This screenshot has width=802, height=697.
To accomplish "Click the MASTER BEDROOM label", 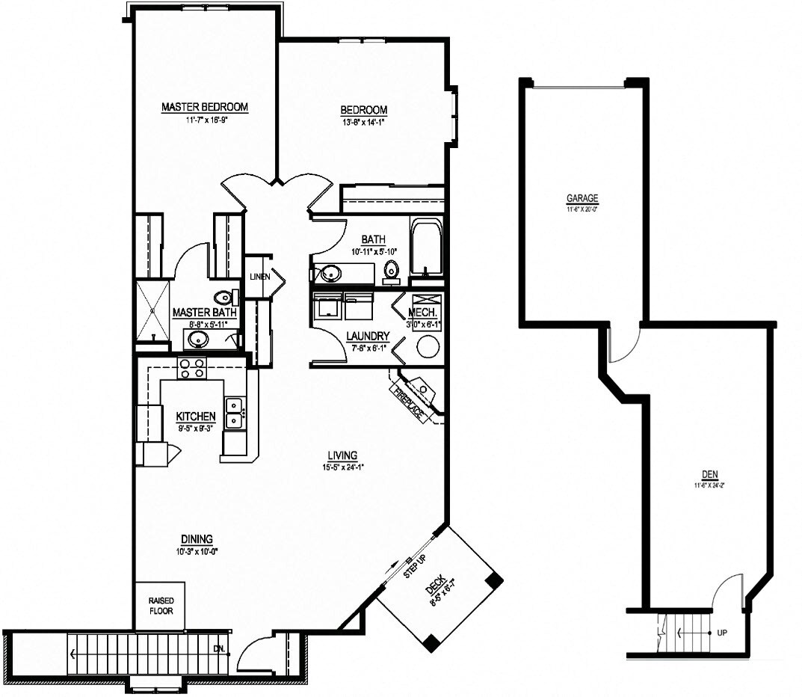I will pos(205,107).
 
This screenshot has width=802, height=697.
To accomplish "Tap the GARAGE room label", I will pos(582,198).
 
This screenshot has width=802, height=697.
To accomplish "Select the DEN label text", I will pos(709,474).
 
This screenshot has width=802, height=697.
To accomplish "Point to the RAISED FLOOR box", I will pos(160,605).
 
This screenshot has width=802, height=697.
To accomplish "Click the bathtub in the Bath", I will pos(427,248).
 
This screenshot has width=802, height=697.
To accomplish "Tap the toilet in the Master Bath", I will pos(223,298).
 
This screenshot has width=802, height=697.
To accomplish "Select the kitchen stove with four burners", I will pos(191,367).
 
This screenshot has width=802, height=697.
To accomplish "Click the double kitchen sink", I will pos(235,413).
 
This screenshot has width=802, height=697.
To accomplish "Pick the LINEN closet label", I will pos(260,277).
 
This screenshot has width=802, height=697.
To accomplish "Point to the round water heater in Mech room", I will pos(428,346).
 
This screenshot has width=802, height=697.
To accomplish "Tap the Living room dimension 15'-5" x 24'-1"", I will pos(342,467).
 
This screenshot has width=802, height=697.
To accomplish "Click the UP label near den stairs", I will pos(721,633).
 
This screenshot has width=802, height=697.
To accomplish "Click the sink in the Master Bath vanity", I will pos(198,340).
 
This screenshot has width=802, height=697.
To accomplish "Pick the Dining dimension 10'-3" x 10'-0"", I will pos(196,550).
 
